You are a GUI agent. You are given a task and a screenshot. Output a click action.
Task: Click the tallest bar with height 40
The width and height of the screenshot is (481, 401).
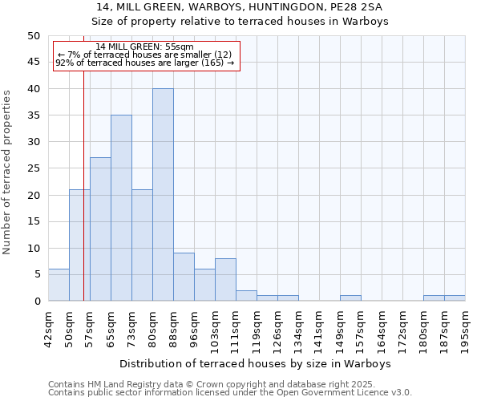163,195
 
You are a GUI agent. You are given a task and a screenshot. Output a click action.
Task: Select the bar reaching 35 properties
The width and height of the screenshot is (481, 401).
121,208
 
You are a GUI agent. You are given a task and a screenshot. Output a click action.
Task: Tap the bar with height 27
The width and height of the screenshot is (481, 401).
100,229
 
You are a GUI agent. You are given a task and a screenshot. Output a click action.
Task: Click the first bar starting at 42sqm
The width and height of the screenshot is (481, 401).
59,285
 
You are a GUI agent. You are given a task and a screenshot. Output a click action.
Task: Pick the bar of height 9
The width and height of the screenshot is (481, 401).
184,277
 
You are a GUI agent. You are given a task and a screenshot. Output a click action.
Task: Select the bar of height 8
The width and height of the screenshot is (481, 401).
225,280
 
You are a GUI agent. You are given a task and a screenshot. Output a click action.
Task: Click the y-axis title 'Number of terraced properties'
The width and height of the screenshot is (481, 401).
8,172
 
